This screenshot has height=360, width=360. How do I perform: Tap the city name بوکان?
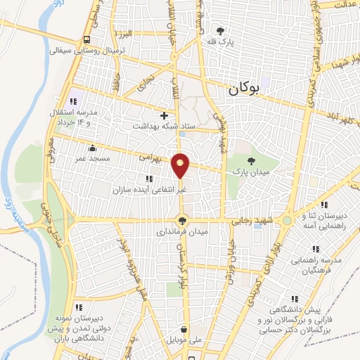coord(243,89)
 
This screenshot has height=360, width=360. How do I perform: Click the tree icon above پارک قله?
coord(220,31)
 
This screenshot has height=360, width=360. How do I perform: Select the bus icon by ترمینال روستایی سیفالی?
coord(86,39)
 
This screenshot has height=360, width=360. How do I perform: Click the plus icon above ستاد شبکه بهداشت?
coord(165,115)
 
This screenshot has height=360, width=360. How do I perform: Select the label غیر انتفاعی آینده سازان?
coord(148,191)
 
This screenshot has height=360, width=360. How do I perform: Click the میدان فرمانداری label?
coord(183,231)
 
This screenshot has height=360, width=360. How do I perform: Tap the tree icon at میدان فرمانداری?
coord(183,220)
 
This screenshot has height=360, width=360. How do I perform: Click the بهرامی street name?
coord(150,160)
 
